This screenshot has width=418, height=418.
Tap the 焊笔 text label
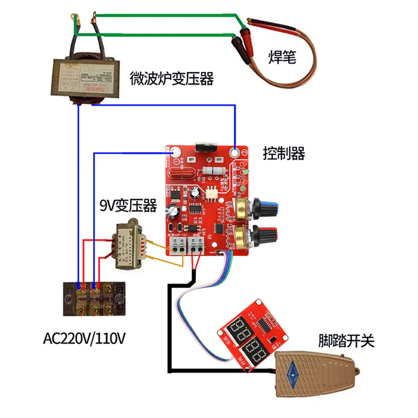(282, 56)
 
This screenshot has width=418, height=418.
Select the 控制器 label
(284, 154)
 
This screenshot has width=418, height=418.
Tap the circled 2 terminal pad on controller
(236, 153)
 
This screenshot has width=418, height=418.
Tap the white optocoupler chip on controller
(211, 192)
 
